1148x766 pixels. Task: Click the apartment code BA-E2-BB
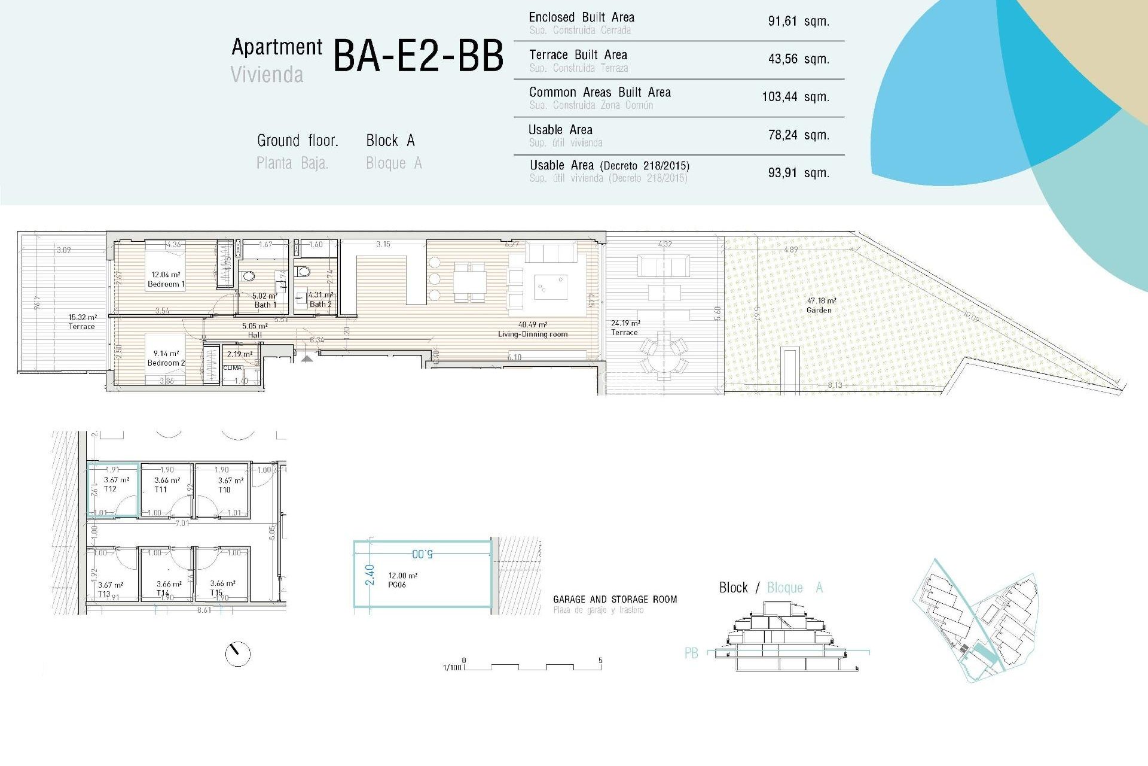418,56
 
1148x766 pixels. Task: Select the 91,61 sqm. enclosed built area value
798,22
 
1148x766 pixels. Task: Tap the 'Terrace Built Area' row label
578,55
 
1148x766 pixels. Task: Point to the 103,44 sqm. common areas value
795,97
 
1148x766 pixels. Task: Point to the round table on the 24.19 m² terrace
664,357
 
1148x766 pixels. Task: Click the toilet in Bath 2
304,272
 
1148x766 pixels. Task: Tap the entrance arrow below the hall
307,358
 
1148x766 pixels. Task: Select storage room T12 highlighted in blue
113,490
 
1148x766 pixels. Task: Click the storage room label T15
216,592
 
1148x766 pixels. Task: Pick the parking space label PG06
397,585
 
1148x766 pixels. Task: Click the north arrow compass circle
237,653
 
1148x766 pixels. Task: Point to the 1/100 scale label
452,667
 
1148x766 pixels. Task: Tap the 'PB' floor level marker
691,653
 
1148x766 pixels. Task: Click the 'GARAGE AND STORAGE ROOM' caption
615,599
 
